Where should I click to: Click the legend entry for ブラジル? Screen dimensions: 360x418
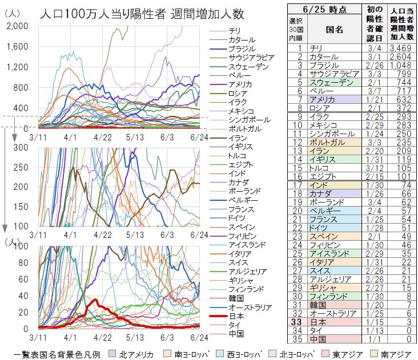[241, 49]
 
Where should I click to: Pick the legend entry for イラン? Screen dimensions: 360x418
[236, 138]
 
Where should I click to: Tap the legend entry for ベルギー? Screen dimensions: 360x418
[242, 200]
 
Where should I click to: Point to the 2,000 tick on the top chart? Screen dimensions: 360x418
[17, 26]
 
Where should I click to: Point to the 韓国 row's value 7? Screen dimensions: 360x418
[406, 305]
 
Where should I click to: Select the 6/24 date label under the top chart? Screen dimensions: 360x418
[198, 137]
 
